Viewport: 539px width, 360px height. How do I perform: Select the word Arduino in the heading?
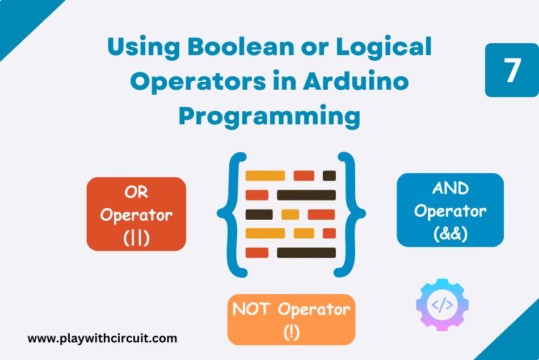pos(355,82)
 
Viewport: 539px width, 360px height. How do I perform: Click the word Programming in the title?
pos(269,116)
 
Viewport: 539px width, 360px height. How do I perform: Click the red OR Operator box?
pos(136,214)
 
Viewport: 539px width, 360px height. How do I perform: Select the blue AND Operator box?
pos(450,210)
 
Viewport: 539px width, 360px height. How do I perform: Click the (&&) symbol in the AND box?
pos(450,233)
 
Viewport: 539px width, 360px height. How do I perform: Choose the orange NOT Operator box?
pos(291,319)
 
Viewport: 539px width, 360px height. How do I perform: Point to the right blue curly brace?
pos(351,214)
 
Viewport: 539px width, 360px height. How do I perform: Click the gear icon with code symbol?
pos(442,305)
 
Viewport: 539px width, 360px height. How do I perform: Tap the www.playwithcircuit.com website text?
pos(103,339)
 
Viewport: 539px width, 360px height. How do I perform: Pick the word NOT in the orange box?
pos(252,309)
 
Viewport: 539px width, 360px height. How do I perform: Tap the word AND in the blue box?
pos(450,188)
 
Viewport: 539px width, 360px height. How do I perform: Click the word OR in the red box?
pos(136,192)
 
